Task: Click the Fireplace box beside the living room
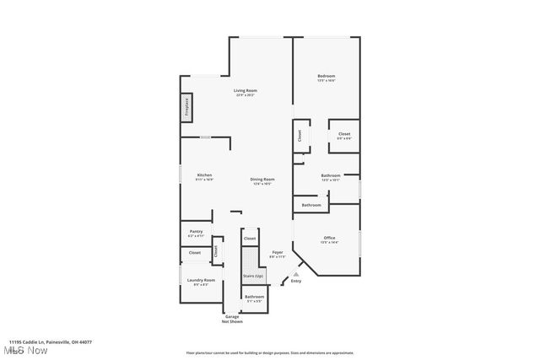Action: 186,107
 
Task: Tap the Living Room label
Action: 246,91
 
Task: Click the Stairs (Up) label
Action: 253,276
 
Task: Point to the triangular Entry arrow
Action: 295,274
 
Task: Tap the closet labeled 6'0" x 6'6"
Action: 344,135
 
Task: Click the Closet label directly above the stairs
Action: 250,239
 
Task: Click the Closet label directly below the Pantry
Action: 194,252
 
